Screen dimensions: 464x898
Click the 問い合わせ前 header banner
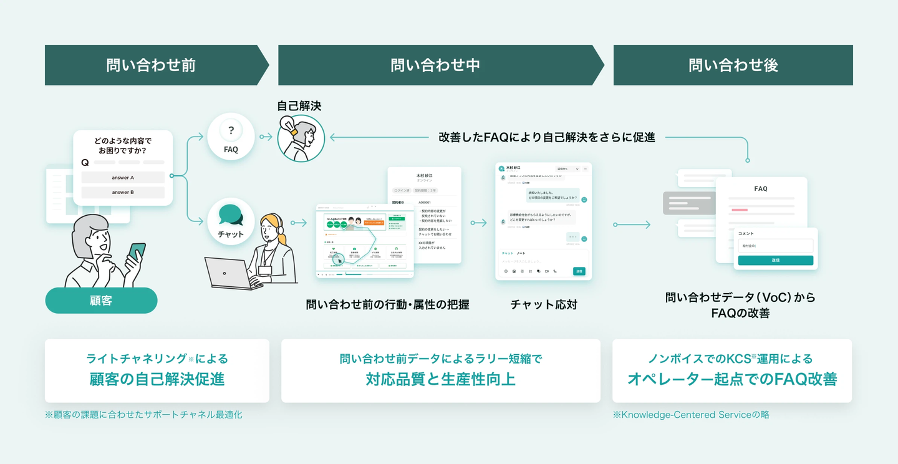(151, 65)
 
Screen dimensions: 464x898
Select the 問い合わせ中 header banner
(435, 65)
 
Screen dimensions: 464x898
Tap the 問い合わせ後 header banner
(733, 65)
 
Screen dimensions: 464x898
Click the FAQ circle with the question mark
(231, 136)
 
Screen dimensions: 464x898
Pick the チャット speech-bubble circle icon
(231, 220)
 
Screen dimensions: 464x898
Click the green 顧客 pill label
(101, 301)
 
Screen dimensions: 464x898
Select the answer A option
(123, 178)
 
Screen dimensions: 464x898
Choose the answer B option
(123, 193)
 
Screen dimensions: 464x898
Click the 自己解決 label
(299, 106)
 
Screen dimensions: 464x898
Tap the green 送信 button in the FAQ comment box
(775, 260)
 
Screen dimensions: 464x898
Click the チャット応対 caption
(544, 304)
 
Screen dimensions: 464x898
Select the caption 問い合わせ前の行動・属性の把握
(387, 304)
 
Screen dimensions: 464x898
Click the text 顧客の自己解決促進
(157, 379)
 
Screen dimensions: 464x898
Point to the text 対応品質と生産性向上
(440, 379)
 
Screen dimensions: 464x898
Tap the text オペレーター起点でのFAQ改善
(732, 379)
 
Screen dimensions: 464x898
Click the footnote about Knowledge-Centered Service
(691, 414)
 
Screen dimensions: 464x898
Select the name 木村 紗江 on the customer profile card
(424, 176)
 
